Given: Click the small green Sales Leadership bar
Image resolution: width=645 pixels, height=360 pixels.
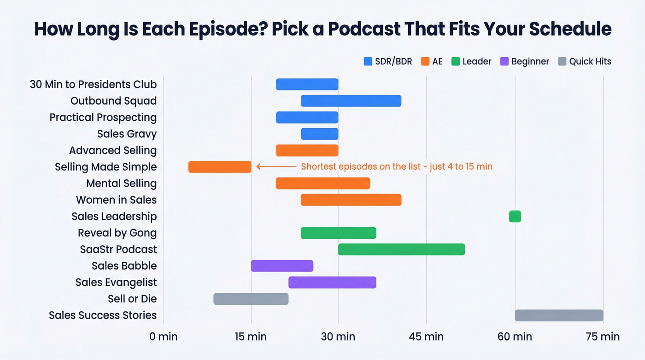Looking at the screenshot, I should pyautogui.click(x=515, y=216).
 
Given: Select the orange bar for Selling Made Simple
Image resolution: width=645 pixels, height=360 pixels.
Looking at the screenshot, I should pyautogui.click(x=220, y=167).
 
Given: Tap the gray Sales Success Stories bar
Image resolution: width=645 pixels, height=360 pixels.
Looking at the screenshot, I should pyautogui.click(x=558, y=315).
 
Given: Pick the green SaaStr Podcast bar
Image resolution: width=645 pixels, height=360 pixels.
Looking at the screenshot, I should pyautogui.click(x=401, y=249).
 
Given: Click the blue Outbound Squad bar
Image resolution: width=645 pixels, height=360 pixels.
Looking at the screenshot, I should pyautogui.click(x=351, y=101).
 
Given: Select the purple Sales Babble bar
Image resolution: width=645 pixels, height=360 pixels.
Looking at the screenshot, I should pyautogui.click(x=282, y=266).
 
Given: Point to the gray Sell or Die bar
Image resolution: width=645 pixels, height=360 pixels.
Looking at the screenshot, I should pyautogui.click(x=251, y=299).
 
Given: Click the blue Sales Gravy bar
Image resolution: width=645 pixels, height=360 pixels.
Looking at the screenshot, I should pyautogui.click(x=319, y=134).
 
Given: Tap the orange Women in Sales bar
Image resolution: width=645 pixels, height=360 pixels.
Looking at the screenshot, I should pyautogui.click(x=351, y=200).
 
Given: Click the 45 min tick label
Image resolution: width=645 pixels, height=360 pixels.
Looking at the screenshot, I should pyautogui.click(x=426, y=336).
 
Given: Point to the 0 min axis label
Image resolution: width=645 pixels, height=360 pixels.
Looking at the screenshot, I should pyautogui.click(x=164, y=336).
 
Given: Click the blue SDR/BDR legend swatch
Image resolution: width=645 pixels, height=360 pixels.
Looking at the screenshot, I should pyautogui.click(x=368, y=61).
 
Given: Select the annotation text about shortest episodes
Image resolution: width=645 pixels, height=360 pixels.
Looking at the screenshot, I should pyautogui.click(x=397, y=167).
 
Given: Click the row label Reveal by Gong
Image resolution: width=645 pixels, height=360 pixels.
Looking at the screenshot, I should pyautogui.click(x=117, y=233).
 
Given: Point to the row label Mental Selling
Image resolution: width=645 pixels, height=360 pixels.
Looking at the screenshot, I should pyautogui.click(x=121, y=183).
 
